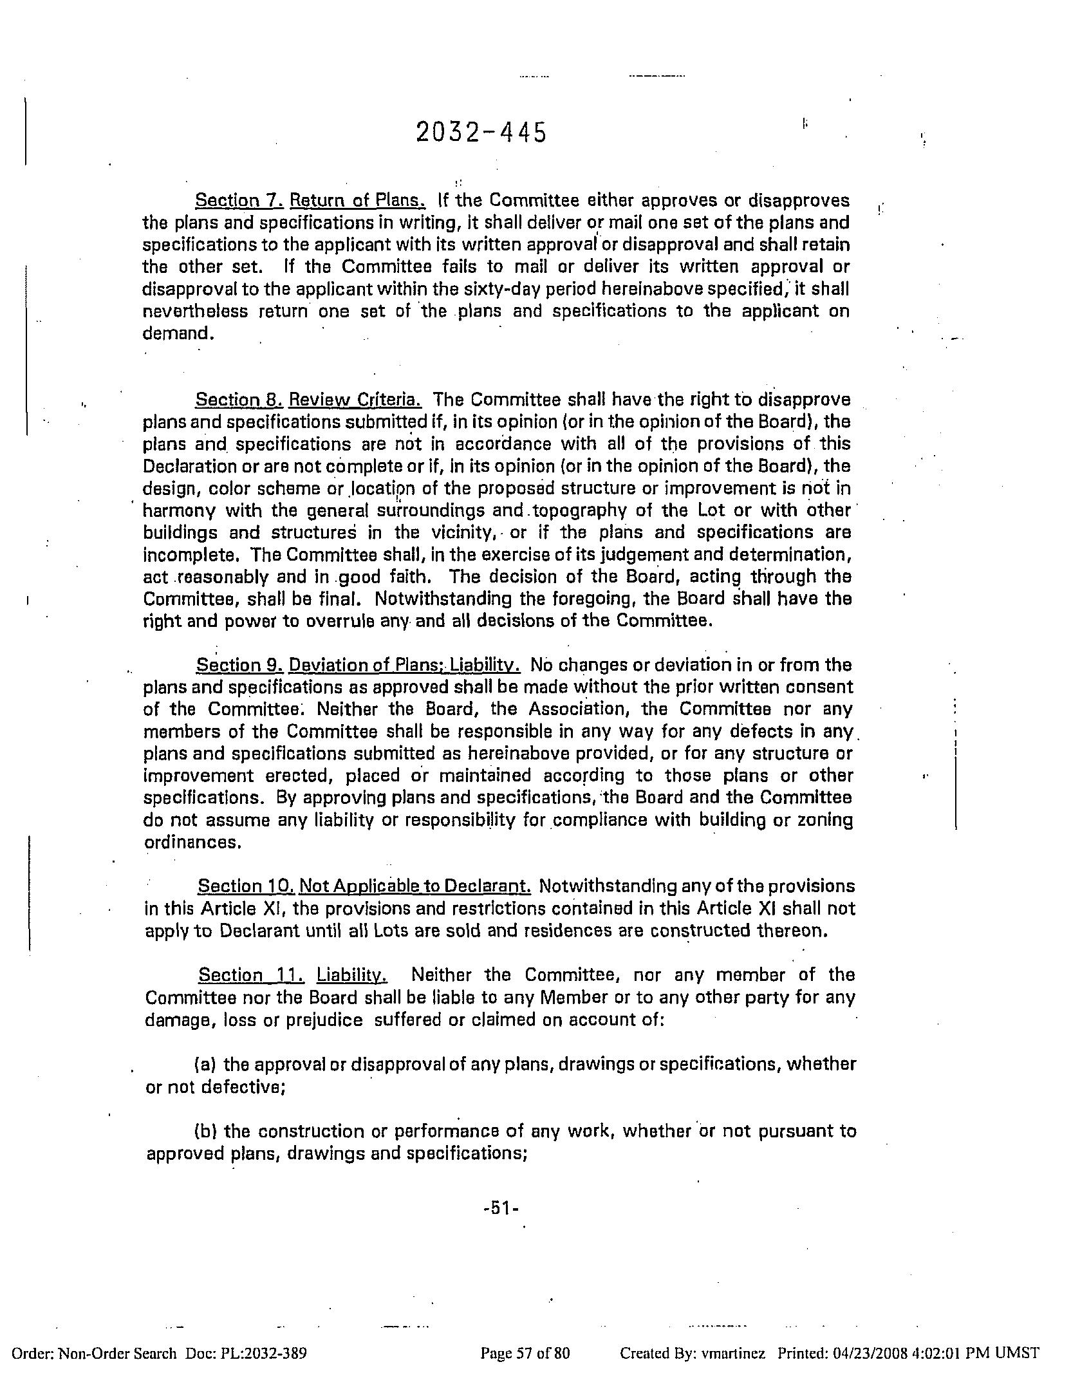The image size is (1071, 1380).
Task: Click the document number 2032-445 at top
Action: [x=481, y=133]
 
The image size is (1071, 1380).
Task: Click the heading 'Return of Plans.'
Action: [x=357, y=201]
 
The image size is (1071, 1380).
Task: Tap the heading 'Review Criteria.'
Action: [x=355, y=400]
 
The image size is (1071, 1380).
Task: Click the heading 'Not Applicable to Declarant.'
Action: [x=415, y=886]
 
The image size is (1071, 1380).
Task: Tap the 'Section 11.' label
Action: [x=251, y=975]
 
